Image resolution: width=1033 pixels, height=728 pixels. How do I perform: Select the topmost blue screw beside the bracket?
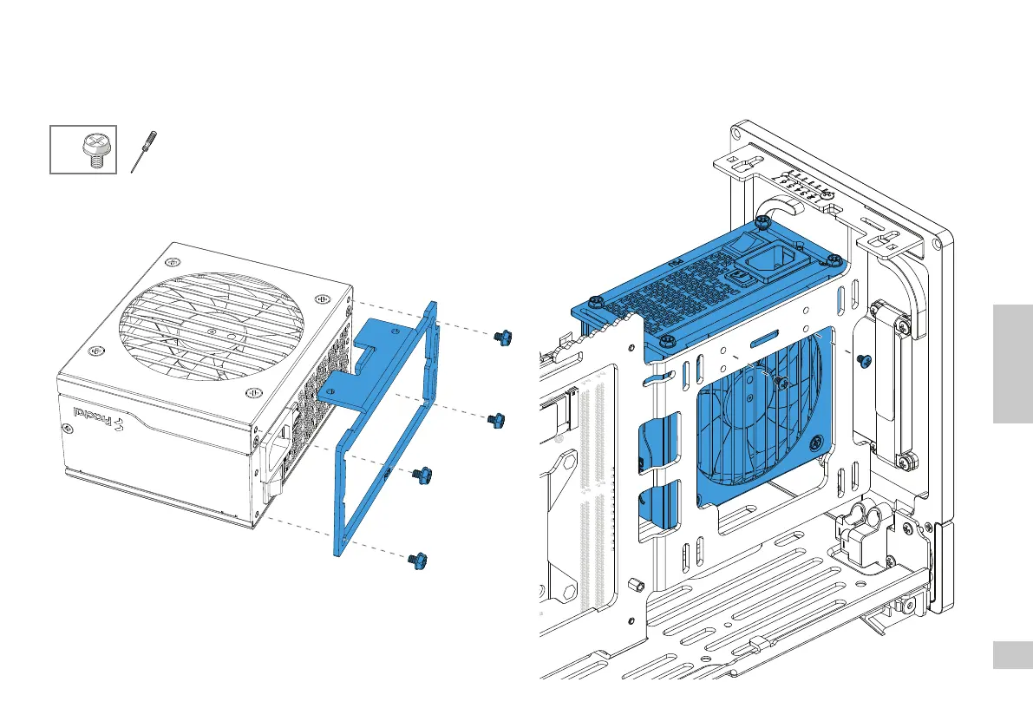point(500,337)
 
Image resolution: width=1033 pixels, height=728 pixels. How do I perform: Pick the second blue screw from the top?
point(499,419)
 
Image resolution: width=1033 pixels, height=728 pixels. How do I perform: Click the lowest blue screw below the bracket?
point(414,561)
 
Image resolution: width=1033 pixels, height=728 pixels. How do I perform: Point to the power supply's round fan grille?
point(208,325)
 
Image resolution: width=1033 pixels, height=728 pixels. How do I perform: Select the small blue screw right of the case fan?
point(862,359)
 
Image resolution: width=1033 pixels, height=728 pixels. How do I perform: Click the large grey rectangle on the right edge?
point(1012,364)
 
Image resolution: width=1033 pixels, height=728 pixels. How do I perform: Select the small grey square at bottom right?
point(1012,655)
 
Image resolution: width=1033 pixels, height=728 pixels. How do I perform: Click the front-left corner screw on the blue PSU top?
point(595,302)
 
